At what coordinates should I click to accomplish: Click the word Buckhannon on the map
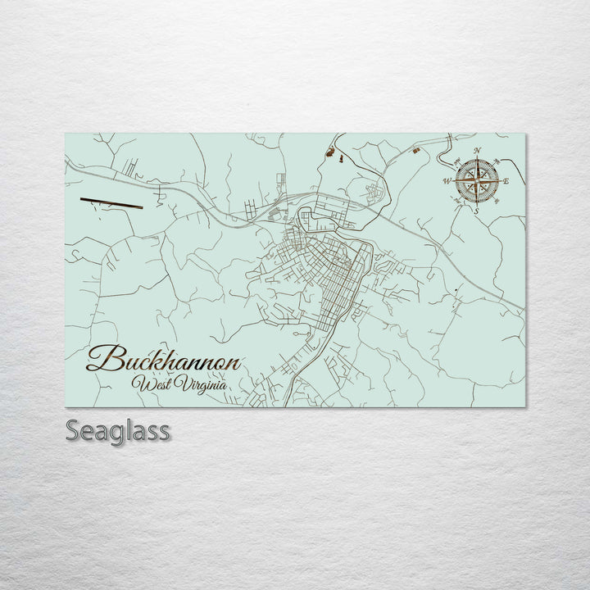pos(164,361)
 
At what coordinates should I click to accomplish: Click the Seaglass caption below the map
pos(118,430)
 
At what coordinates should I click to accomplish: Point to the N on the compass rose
pos(478,150)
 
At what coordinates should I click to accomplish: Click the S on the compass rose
pos(475,210)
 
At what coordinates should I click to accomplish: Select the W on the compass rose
pos(447,180)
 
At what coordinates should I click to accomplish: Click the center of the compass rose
pos(476,180)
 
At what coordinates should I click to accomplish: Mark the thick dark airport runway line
pos(111,202)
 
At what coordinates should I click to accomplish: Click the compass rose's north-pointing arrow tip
pos(477,157)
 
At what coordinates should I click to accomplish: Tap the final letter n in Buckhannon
pos(234,362)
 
